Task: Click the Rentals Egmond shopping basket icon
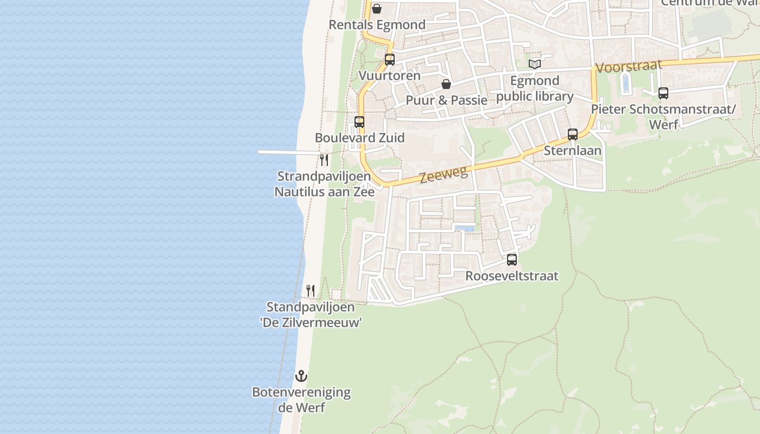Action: click(x=376, y=9)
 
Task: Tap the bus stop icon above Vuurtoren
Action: click(x=390, y=60)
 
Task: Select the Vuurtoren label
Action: click(x=390, y=75)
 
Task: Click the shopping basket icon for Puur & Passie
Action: click(x=446, y=84)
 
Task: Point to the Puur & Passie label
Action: click(x=446, y=100)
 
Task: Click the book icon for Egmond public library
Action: click(x=535, y=65)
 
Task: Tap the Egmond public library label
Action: click(x=535, y=88)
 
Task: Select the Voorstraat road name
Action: click(x=629, y=66)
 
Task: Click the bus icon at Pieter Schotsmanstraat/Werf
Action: click(x=663, y=93)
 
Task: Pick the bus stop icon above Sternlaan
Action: click(x=573, y=135)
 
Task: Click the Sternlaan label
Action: click(x=573, y=150)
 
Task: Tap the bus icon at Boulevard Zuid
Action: click(x=359, y=122)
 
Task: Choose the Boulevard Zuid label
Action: click(x=359, y=138)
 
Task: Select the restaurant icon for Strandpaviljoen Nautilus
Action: click(x=324, y=159)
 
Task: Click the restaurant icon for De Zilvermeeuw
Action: click(x=311, y=291)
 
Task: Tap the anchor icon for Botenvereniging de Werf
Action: click(x=301, y=375)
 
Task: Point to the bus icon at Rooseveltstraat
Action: click(x=512, y=260)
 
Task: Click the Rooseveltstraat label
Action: click(x=512, y=276)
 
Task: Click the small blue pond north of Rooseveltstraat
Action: click(x=464, y=228)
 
